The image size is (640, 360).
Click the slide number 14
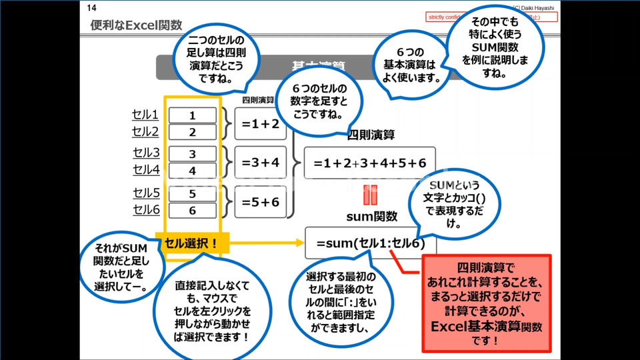coord(92,9)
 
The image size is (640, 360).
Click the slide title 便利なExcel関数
coord(136,25)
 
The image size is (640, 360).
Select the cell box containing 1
coord(193,115)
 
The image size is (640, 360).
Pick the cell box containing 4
coord(193,171)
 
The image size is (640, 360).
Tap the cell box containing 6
coord(193,211)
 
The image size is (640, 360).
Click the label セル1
coord(146,115)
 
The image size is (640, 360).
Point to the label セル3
coord(146,153)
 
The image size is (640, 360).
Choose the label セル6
coord(146,210)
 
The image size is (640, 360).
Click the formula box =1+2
coord(261,123)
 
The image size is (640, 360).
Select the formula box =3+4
coord(261,162)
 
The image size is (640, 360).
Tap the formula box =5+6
coord(261,202)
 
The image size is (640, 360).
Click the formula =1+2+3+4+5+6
coord(370,163)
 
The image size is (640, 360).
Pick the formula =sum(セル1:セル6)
coord(370,243)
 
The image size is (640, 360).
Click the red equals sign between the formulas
coord(371,196)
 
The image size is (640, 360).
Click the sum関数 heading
coord(371,216)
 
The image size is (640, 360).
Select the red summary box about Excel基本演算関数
coord(487,302)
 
